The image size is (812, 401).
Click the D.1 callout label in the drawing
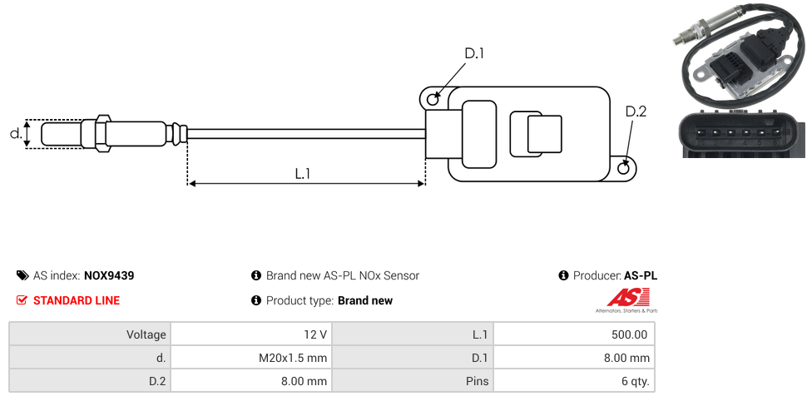474,53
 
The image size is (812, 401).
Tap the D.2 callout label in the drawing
636,111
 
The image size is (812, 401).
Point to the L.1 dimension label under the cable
303,173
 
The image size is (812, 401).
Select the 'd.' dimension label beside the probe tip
16,133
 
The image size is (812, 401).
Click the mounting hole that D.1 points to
433,100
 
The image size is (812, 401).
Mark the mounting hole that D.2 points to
625,168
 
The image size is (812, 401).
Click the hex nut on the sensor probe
103,133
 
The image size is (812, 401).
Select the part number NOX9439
109,275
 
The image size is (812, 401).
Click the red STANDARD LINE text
77,300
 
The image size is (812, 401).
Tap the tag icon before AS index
22,275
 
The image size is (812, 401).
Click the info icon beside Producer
563,275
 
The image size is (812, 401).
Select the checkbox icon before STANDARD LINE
22,300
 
